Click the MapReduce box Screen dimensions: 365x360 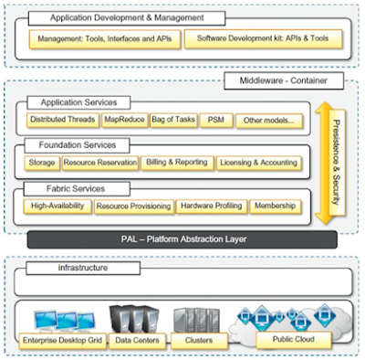click(124, 120)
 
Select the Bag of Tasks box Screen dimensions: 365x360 click(173, 120)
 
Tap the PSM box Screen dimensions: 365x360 click(216, 121)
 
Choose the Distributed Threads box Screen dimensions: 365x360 click(63, 120)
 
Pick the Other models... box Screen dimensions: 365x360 click(269, 121)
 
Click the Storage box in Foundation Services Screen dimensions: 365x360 click(42, 163)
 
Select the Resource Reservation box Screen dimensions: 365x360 click(100, 163)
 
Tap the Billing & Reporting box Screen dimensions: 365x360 click(177, 163)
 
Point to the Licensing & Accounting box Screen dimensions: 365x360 click(259, 164)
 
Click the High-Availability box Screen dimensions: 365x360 click(57, 206)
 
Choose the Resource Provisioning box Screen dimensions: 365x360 click(134, 206)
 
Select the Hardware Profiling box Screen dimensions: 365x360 click(212, 206)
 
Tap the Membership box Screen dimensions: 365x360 click(276, 206)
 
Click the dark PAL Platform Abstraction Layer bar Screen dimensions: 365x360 click(182, 239)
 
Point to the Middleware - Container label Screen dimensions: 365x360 click(284, 80)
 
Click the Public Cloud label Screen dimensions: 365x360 click(294, 340)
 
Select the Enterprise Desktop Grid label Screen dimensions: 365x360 click(63, 341)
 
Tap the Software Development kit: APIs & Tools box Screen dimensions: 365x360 click(263, 39)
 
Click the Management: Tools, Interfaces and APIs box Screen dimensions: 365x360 click(105, 39)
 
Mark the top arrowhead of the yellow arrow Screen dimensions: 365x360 click(323, 103)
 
